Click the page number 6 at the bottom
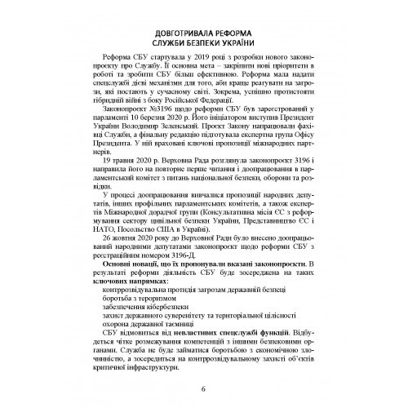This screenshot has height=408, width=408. pyautogui.click(x=203, y=397)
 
